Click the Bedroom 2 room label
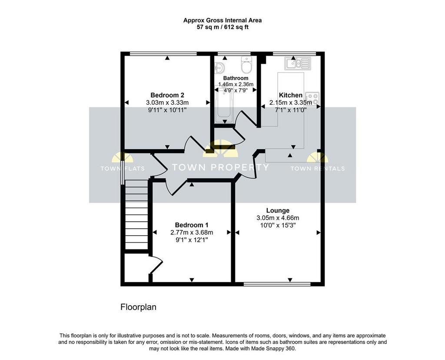(x=167, y=95)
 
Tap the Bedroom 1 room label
(x=192, y=225)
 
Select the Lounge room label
(x=278, y=211)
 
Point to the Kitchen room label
(x=291, y=95)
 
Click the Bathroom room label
(x=236, y=78)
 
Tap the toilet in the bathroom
(x=246, y=64)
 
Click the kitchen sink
(x=297, y=63)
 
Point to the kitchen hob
(x=312, y=99)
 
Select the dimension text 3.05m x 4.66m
(x=278, y=218)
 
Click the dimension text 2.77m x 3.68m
(x=192, y=233)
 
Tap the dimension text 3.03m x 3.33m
(x=167, y=103)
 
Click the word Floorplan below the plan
(x=139, y=307)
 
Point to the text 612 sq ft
(x=236, y=27)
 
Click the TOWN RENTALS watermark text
(x=318, y=169)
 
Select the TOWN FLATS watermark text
(x=123, y=169)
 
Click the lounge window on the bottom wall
(x=277, y=284)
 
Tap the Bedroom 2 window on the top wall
(x=163, y=53)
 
